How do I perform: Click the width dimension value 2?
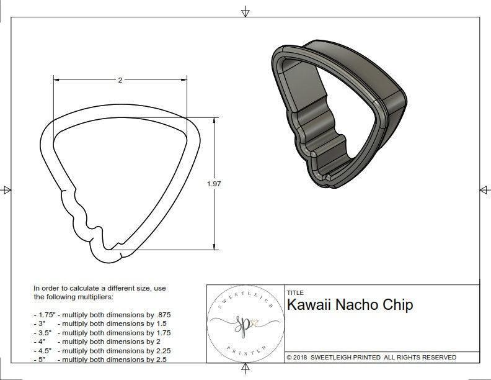(x=120, y=80)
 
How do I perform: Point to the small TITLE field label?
(x=295, y=292)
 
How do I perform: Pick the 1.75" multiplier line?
(x=102, y=315)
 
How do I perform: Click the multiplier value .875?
(x=162, y=315)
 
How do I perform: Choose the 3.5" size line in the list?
(x=102, y=332)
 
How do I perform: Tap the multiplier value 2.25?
(x=163, y=350)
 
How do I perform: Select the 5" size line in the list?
(x=98, y=359)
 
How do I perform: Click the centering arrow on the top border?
(x=245, y=12)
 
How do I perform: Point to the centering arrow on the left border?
(x=7, y=189)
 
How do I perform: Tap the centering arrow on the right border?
(x=484, y=189)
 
